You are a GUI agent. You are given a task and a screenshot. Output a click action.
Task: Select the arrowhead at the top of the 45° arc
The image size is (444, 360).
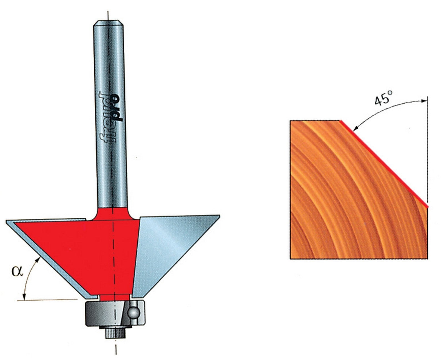coord(424,101)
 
